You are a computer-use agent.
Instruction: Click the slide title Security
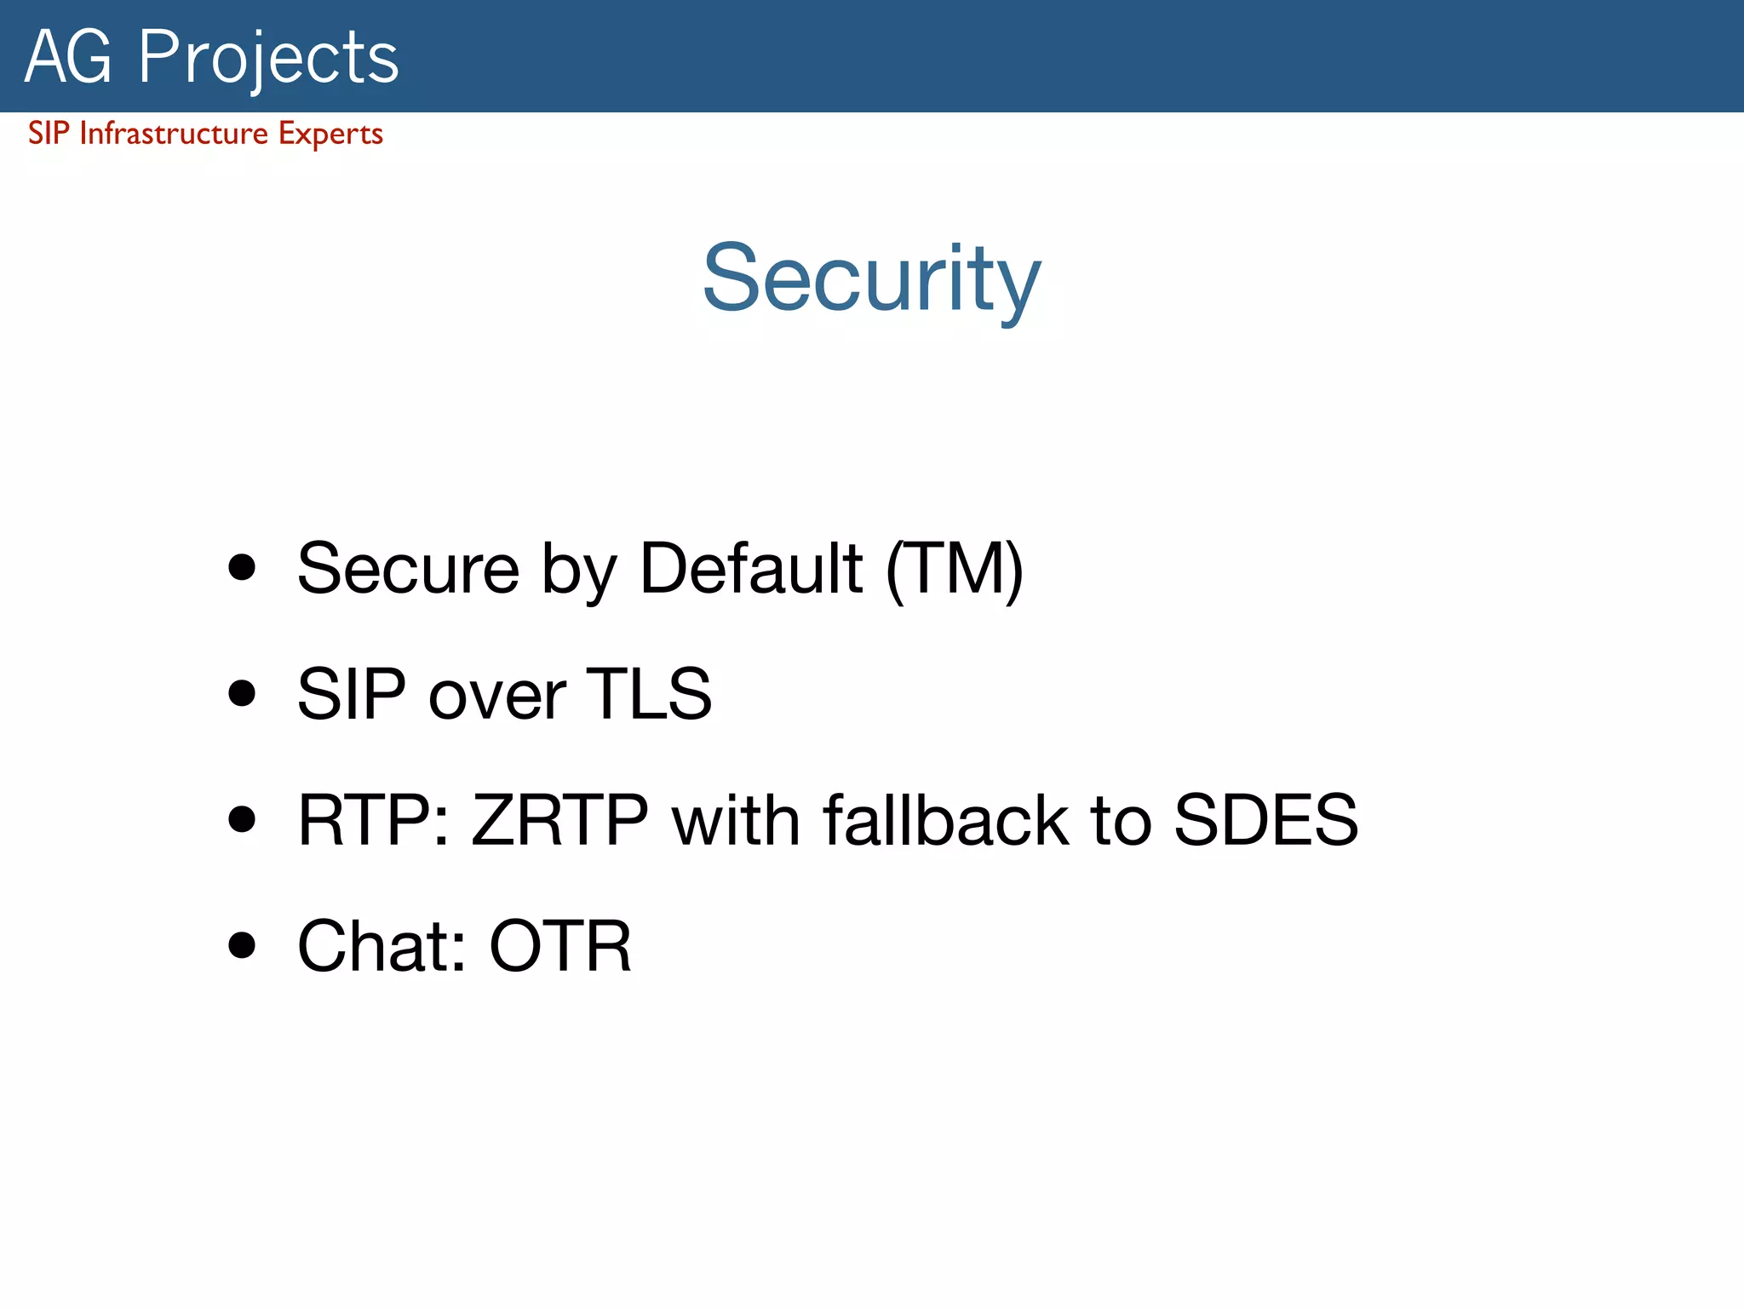coord(871,279)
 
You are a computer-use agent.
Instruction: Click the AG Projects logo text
coord(211,58)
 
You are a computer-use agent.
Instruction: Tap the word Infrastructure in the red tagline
coord(174,134)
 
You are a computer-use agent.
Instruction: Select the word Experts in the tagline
coord(330,135)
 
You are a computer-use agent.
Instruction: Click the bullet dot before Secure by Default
coord(242,568)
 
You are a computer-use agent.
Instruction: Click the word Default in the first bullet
coord(751,568)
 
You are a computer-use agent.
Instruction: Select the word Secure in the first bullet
coord(408,569)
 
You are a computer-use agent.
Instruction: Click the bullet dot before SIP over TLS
coord(242,693)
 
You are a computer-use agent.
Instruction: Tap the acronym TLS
coord(649,693)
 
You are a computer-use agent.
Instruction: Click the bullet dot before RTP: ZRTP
coord(242,819)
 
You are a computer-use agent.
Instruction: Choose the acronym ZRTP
coord(559,819)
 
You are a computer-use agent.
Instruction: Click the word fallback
coord(945,819)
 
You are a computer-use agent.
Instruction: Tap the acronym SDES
coord(1265,819)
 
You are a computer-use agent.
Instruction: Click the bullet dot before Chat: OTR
coord(242,944)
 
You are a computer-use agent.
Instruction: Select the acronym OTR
coord(560,945)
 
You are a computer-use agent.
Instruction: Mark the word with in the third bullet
coord(736,819)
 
